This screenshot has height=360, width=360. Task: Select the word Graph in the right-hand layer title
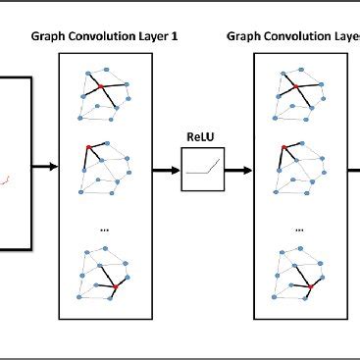pos(245,35)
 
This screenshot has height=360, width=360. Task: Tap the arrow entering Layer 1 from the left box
pos(45,167)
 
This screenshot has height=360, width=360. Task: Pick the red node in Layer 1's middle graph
pos(90,146)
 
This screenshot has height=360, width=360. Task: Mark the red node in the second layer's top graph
pos(295,88)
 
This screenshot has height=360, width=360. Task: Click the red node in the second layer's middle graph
pos(284,146)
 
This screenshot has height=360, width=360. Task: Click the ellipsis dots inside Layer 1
pos(104,231)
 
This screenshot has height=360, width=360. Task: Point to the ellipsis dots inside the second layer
pos(298,231)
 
